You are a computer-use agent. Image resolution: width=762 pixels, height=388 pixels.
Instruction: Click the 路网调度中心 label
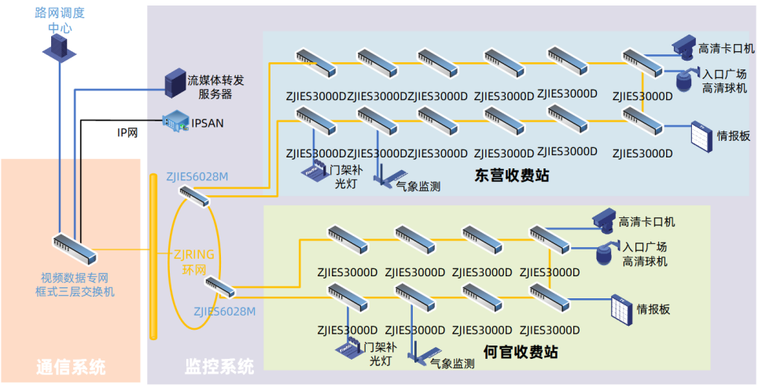click(x=60, y=20)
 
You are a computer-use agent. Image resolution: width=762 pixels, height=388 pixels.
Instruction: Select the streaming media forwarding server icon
click(x=172, y=83)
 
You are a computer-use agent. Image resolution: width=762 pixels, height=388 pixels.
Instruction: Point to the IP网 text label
click(x=127, y=133)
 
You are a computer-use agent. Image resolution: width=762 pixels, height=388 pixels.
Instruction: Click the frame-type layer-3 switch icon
click(x=75, y=248)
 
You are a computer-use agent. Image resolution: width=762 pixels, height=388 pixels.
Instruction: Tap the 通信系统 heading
click(x=71, y=367)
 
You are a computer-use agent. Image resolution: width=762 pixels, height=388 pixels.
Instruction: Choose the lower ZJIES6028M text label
click(x=225, y=312)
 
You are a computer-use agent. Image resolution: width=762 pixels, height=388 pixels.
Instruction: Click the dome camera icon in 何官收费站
click(x=605, y=253)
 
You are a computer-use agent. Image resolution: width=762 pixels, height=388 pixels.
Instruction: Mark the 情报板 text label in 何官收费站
click(x=653, y=309)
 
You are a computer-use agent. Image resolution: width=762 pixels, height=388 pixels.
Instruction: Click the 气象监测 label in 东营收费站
click(x=417, y=187)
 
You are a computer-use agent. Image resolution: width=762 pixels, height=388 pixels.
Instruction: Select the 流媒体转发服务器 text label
click(x=215, y=87)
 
